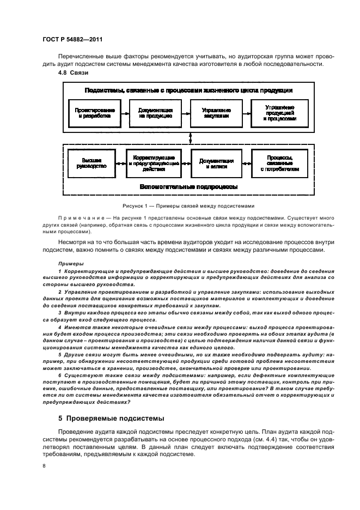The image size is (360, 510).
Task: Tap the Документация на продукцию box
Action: pos(156,112)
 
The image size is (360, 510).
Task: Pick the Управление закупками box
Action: pos(217,112)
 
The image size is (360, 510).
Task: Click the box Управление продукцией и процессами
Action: pos(279,112)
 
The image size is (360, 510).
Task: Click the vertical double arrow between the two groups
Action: pos(190,138)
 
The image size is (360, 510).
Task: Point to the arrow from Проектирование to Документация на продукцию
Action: pos(125,113)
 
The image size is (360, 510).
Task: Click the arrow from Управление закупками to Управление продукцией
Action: pos(248,113)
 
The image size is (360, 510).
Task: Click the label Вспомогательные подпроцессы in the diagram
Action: pos(188,186)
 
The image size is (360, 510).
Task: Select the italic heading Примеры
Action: pos(67,263)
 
